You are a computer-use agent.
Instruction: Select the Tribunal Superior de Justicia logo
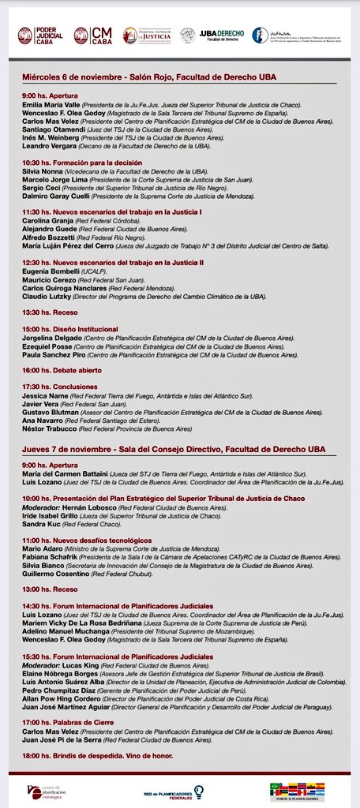point(146,36)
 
